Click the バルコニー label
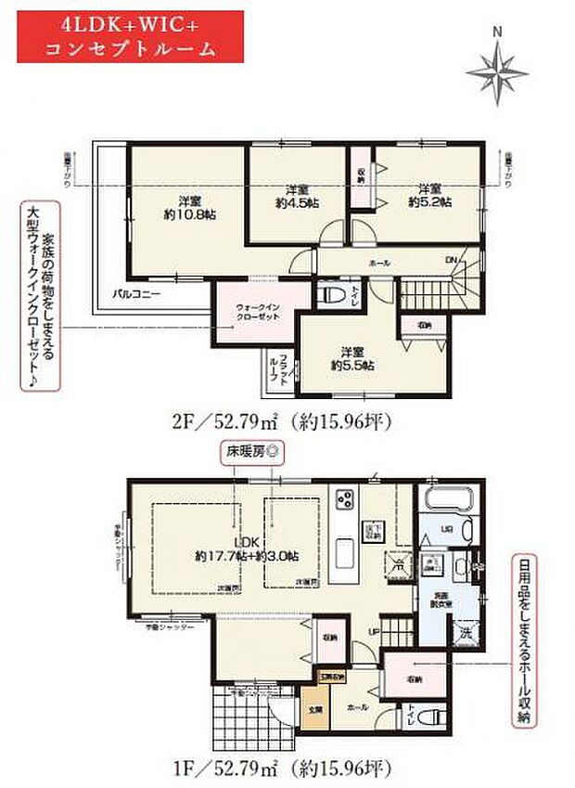pyautogui.click(x=137, y=292)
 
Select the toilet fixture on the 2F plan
pyautogui.click(x=327, y=296)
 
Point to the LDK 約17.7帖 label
pyautogui.click(x=247, y=549)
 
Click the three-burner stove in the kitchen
pyautogui.click(x=345, y=498)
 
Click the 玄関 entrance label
pyautogui.click(x=315, y=713)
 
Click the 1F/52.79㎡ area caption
pyautogui.click(x=289, y=769)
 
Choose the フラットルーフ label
pyautogui.click(x=274, y=370)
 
